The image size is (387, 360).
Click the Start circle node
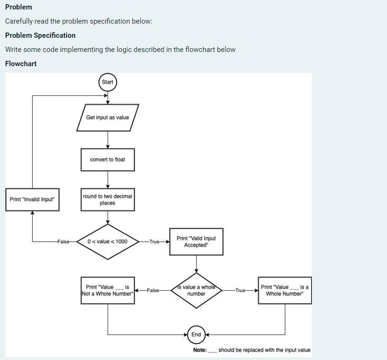click(x=107, y=82)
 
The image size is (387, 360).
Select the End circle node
click(x=196, y=334)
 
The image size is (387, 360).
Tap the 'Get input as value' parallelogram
click(x=107, y=118)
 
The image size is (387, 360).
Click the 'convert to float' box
click(x=107, y=160)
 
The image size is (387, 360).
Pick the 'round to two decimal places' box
click(x=107, y=199)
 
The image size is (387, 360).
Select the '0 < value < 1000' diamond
click(x=107, y=241)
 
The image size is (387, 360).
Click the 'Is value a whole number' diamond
click(x=196, y=290)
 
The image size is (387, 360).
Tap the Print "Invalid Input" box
click(x=32, y=199)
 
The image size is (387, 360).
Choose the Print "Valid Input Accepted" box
click(x=196, y=241)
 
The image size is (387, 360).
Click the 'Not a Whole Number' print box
click(x=107, y=290)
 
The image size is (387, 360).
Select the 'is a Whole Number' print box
click(x=284, y=290)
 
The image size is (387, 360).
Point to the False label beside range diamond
click(x=63, y=241)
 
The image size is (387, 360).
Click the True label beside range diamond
click(x=155, y=241)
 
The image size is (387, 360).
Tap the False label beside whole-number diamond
click(x=153, y=290)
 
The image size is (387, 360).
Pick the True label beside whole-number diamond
click(x=240, y=290)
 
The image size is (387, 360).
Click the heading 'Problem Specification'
click(x=40, y=35)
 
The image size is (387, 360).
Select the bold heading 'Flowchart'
click(x=21, y=64)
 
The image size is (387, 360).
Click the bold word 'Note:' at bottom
click(x=200, y=350)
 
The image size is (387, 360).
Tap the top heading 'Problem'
click(x=18, y=7)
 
